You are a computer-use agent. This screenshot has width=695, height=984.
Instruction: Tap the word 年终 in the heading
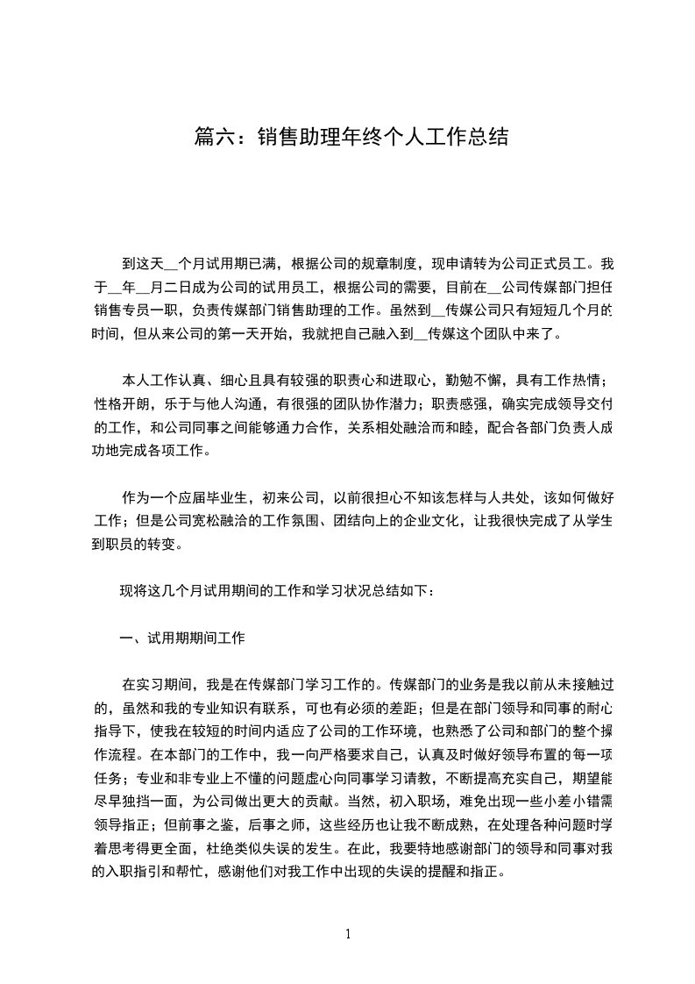365,137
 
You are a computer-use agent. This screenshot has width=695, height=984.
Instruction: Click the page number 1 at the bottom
348,933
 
